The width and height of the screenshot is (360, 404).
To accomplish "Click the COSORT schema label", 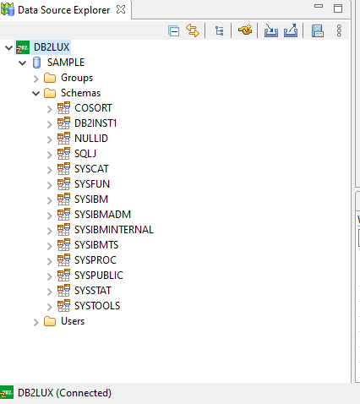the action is pos(93,108).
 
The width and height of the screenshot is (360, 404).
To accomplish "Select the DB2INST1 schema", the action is pos(95,123).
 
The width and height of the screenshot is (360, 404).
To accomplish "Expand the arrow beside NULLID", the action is pos(50,139).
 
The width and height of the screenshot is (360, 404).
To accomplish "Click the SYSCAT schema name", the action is pos(91,169).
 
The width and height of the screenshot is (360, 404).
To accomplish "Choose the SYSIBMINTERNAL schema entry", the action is pos(114,230).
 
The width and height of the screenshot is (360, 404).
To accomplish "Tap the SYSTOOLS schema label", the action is pos(97,306).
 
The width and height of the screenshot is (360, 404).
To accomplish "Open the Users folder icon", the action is pos(50,321).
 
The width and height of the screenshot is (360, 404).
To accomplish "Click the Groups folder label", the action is pos(77,78).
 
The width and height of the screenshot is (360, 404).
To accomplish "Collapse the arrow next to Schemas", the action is pos(36,93).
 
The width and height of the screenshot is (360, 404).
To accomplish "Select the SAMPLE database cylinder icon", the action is pos(36,63).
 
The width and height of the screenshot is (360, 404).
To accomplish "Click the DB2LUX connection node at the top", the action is pos(52,47).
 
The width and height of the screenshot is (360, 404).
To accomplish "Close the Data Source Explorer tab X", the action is pos(121,9).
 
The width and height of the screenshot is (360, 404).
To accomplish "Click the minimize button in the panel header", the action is pos(319,6).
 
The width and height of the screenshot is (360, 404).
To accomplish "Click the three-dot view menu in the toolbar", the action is pos(339,30).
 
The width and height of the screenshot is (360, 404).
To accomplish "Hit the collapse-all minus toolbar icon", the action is pos(173,30).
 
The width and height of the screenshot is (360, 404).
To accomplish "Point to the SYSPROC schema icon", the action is pos(63,260).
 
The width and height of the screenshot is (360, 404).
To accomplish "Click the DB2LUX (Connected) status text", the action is pos(64,393).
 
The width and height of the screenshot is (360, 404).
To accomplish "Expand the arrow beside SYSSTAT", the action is pos(50,292).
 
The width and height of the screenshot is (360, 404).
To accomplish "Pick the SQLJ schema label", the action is pos(85,154).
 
